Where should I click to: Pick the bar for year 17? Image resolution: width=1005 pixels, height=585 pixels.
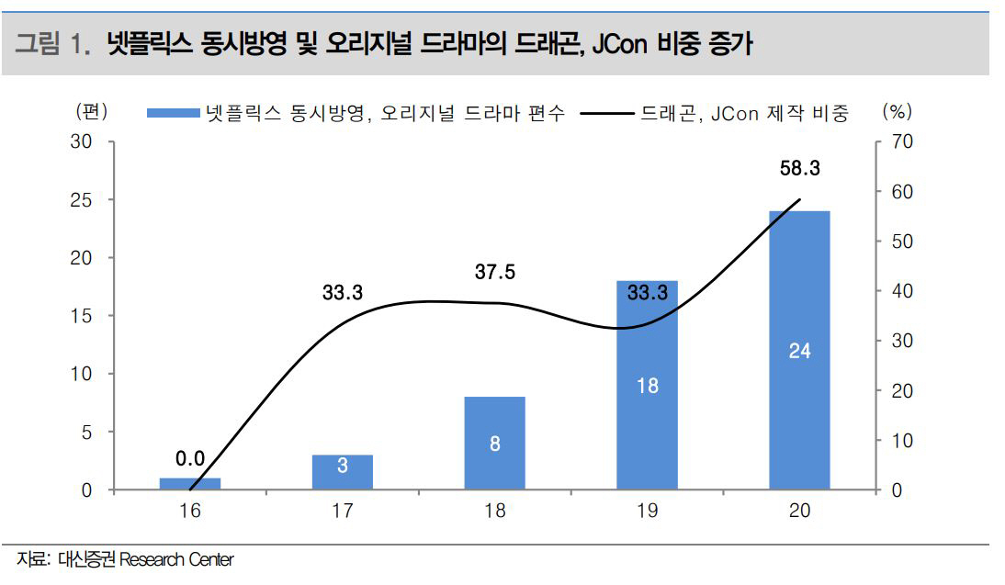point(342,472)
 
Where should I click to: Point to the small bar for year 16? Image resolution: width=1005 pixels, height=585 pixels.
point(190,483)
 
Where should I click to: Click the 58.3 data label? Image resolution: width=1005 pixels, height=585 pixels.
point(799,169)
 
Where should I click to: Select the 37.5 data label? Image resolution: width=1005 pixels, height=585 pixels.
point(495,273)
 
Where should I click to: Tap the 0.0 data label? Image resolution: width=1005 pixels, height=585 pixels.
point(190,458)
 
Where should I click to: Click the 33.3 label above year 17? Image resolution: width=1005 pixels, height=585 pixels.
point(343,294)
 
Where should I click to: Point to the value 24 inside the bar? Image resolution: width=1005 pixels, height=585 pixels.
point(799,351)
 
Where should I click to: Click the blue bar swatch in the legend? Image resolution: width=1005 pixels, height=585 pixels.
point(174,113)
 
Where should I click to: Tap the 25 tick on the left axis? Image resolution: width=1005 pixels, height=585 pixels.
point(83,200)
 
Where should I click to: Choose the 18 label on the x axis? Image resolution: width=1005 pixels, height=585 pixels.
point(494,512)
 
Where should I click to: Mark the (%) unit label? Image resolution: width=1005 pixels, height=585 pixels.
point(896,112)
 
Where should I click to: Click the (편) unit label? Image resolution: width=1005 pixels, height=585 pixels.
point(92,112)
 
